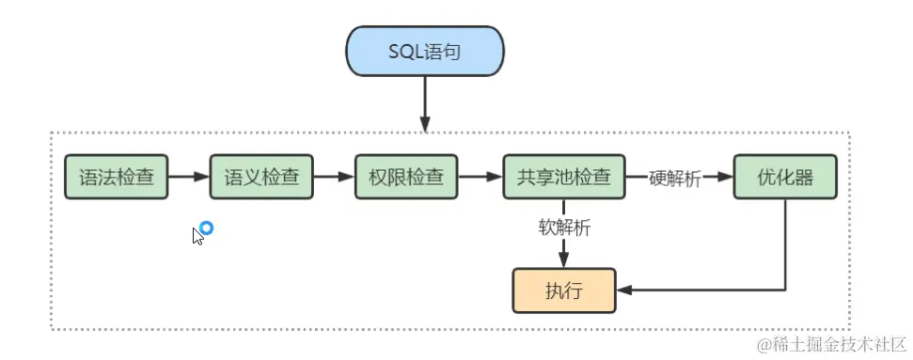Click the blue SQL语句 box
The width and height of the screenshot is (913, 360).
click(425, 50)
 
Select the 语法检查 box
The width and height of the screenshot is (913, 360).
click(117, 177)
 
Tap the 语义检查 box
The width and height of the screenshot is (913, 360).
click(260, 177)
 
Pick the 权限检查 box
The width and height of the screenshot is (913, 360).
click(405, 177)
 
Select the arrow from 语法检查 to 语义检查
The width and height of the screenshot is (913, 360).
click(188, 177)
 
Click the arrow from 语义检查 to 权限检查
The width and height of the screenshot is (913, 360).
click(333, 177)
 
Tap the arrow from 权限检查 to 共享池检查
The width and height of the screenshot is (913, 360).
click(480, 177)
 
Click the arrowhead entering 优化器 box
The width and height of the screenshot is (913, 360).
click(725, 177)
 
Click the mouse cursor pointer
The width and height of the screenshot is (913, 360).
click(197, 236)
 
